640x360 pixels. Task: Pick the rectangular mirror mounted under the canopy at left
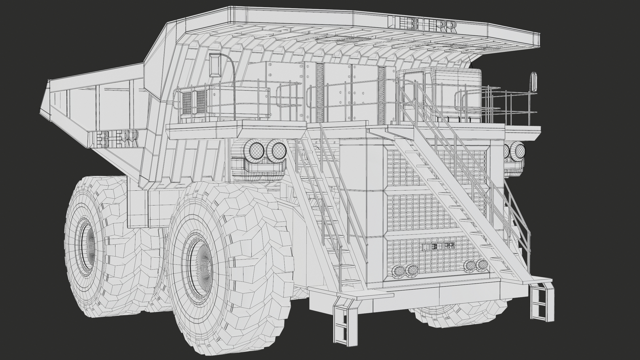tap(215, 65)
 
